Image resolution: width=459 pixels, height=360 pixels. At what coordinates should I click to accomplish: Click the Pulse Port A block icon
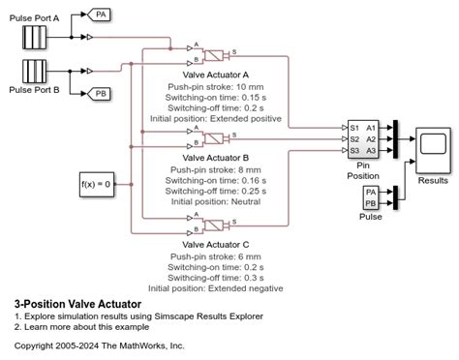[37, 37]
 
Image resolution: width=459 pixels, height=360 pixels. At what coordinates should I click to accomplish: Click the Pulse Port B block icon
[37, 72]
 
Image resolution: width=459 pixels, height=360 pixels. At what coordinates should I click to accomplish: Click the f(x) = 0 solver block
[97, 181]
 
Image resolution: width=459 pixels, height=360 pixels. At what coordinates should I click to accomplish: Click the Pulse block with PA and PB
[370, 199]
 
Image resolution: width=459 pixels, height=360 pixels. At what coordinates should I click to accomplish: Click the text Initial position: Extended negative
[216, 287]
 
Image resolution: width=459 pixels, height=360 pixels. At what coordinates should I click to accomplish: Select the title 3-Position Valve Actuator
[77, 304]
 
